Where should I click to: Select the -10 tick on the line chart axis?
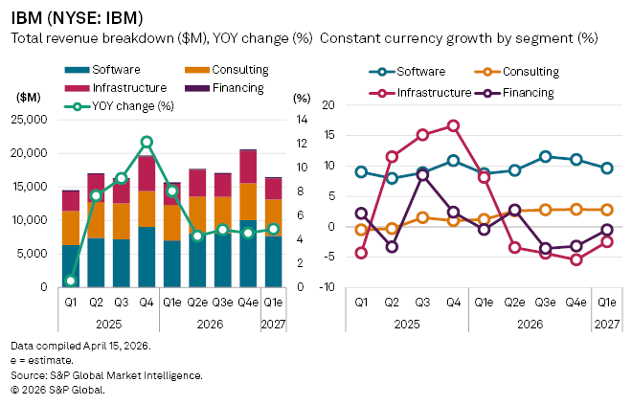(326, 287)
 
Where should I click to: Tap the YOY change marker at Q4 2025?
(147, 142)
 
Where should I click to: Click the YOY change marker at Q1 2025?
(71, 281)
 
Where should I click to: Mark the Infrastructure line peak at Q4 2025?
(453, 125)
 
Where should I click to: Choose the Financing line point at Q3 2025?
(422, 175)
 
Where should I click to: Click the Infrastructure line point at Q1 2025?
(361, 253)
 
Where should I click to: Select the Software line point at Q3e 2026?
(546, 156)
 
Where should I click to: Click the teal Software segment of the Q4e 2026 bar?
(247, 254)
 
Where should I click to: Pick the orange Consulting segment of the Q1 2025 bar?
(71, 228)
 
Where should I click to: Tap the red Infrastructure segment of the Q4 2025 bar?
(147, 173)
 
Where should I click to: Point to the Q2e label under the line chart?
(515, 302)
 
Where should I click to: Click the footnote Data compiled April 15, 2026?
(67, 344)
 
